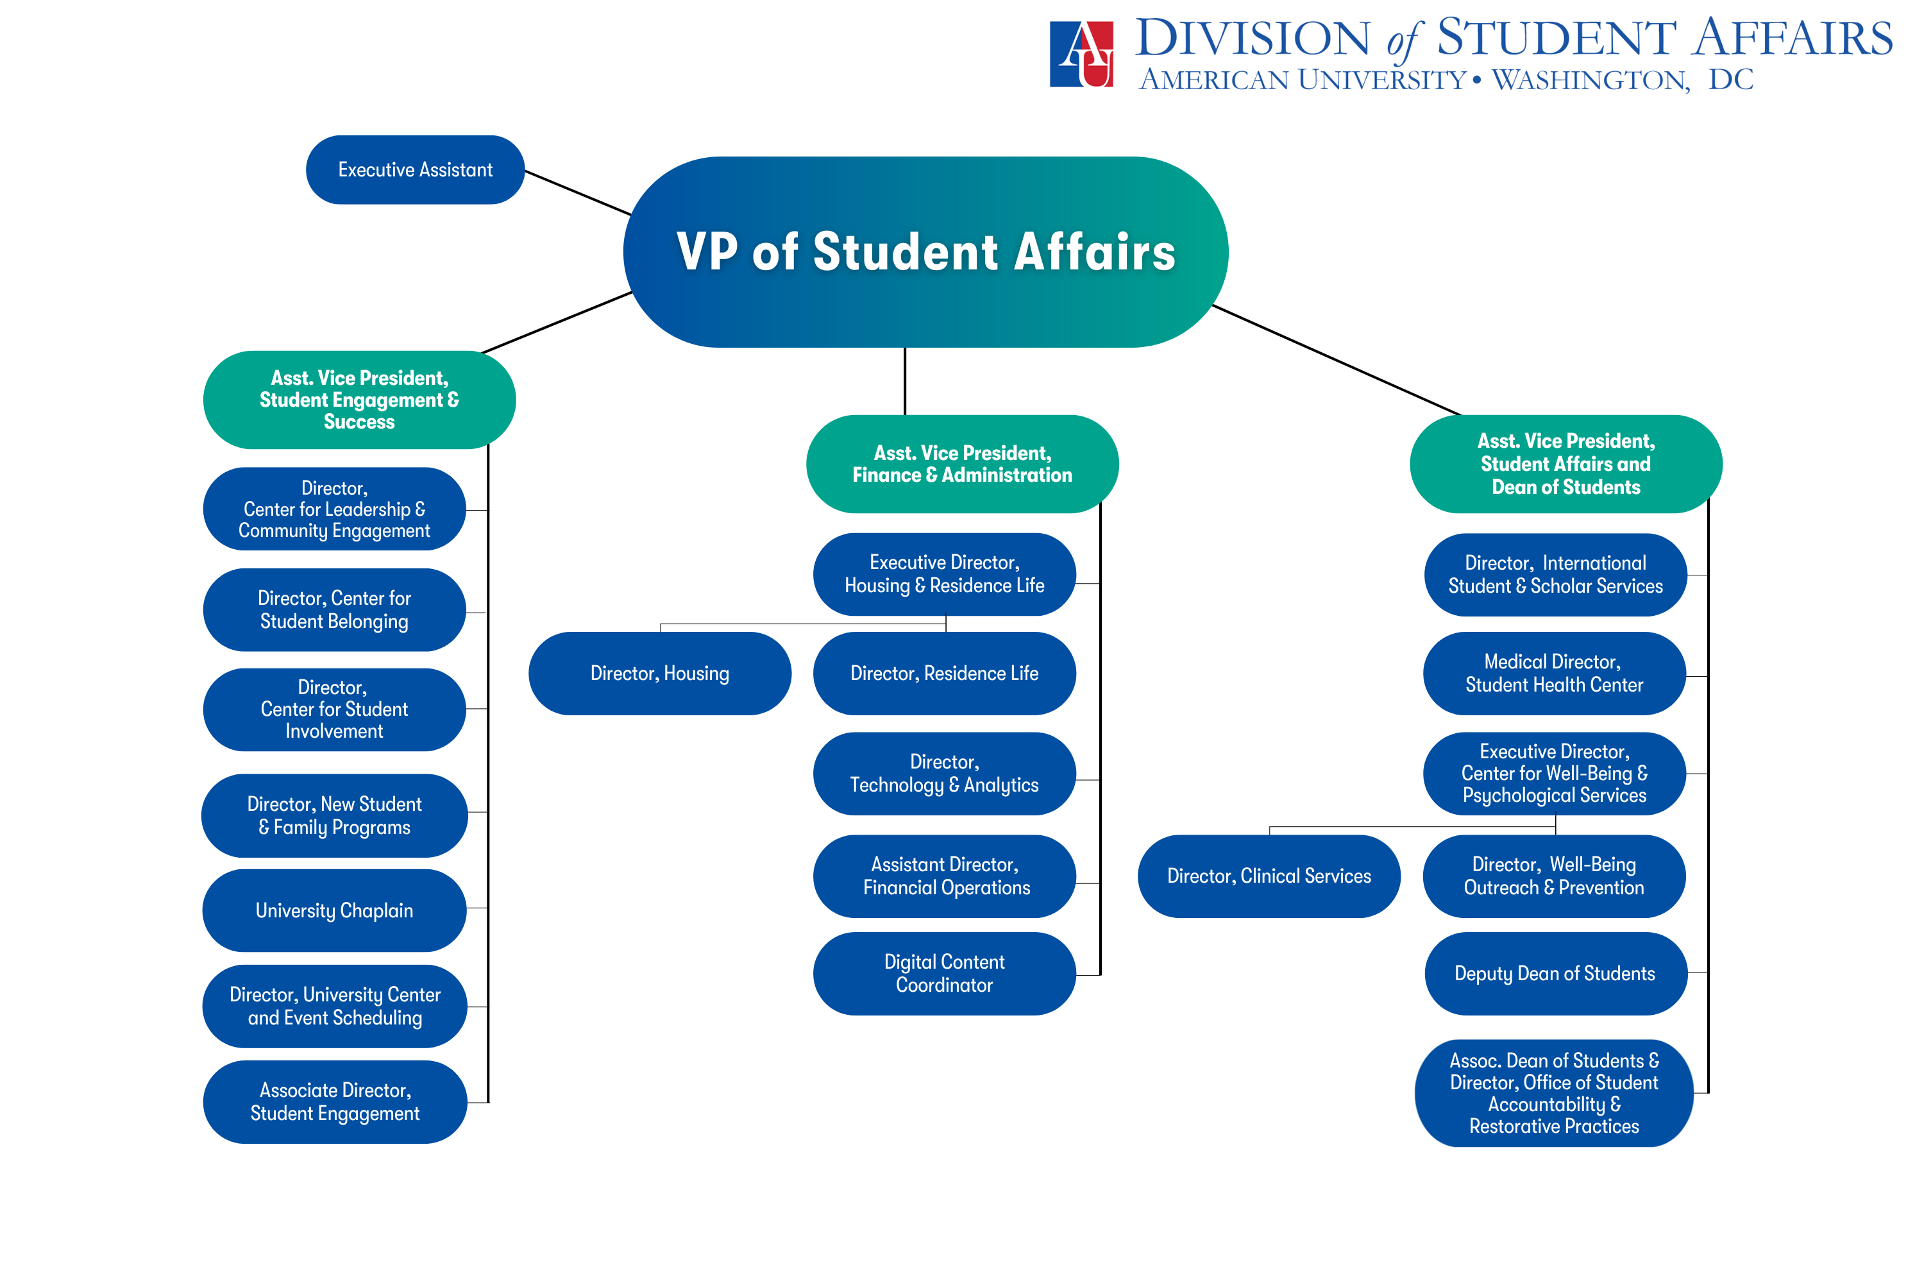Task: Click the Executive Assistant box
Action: click(x=415, y=170)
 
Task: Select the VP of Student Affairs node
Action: click(x=925, y=251)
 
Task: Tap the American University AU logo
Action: click(x=1081, y=54)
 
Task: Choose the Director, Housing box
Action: click(x=659, y=674)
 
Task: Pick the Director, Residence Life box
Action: click(x=944, y=674)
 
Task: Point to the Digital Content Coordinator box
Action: click(x=944, y=974)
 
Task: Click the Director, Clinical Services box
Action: click(x=1268, y=876)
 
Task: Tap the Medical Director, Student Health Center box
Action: click(x=1553, y=674)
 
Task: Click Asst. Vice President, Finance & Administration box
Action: click(x=962, y=464)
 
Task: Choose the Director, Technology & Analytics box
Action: click(x=944, y=773)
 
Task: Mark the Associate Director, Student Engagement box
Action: click(x=335, y=1101)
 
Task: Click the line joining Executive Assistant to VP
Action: click(x=577, y=192)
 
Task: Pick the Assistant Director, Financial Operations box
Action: click(x=944, y=876)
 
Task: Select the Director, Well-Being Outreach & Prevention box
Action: click(x=1553, y=876)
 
